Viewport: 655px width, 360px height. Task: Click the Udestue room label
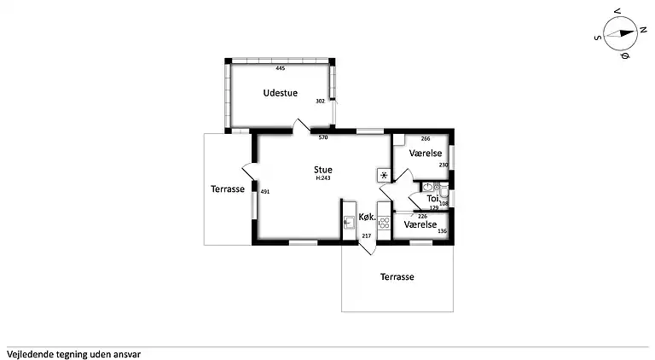tap(281, 93)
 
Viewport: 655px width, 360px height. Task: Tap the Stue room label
tap(323, 170)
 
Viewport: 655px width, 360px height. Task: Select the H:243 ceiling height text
tap(323, 178)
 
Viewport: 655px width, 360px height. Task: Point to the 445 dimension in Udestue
tap(281, 68)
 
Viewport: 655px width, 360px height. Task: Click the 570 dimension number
tap(323, 137)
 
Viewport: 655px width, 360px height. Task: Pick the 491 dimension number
tap(265, 192)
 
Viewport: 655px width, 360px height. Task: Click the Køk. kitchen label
tap(368, 218)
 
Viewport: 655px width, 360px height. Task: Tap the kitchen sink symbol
tap(349, 223)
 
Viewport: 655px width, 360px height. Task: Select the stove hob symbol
tap(384, 223)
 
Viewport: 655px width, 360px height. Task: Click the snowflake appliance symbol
tap(384, 175)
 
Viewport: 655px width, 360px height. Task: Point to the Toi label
tap(432, 199)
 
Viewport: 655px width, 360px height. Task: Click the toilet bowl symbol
tap(443, 191)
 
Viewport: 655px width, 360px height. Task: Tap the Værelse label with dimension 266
tap(426, 154)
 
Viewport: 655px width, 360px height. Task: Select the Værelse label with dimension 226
tap(420, 224)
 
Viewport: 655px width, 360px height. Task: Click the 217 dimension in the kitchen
tap(367, 236)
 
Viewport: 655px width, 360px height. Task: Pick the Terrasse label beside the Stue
tap(228, 189)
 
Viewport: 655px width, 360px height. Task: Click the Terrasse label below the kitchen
tap(397, 276)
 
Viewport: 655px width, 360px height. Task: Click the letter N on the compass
tap(643, 30)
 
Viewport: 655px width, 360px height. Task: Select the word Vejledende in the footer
tap(31, 355)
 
